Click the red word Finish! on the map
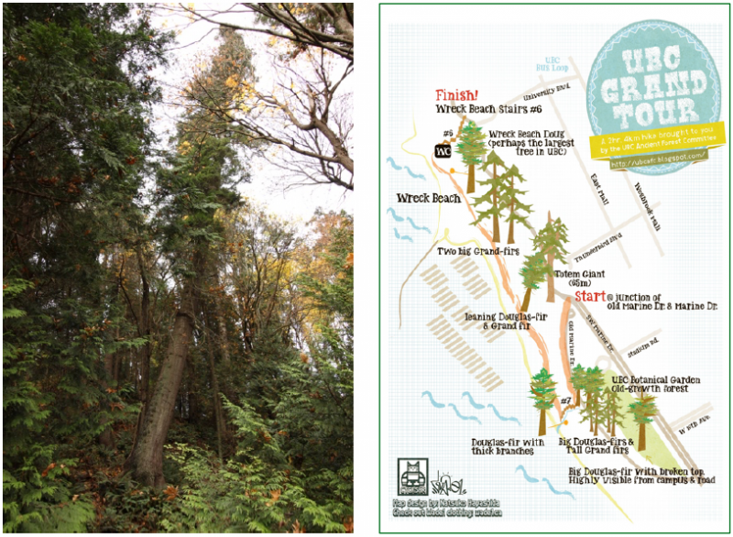(x=455, y=94)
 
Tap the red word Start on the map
(x=589, y=296)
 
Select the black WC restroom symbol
(x=443, y=149)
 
